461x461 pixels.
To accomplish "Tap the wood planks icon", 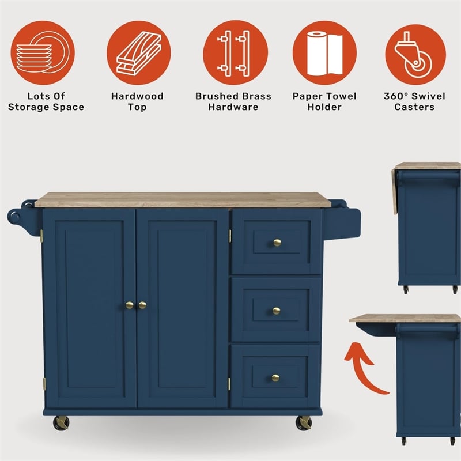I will click(x=139, y=53).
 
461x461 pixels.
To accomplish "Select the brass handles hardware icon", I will click(x=235, y=53).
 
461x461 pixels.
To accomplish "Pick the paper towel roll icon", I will click(x=324, y=53).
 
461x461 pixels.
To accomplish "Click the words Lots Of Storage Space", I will click(x=46, y=102).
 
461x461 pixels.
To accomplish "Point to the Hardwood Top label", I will click(x=137, y=102).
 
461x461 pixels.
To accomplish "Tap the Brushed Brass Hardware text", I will click(x=233, y=102).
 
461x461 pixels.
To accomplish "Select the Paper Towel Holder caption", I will click(x=324, y=102).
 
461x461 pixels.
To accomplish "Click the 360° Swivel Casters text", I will click(x=414, y=102).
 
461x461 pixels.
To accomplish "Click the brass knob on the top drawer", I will click(x=277, y=243).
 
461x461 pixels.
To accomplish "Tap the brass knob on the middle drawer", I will click(x=276, y=311).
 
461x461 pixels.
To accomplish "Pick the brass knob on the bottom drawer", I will click(x=275, y=378).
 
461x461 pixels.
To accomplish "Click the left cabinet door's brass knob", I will click(x=130, y=305).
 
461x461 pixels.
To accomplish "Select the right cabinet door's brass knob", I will click(x=142, y=305).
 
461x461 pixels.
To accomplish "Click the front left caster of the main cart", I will click(x=61, y=423).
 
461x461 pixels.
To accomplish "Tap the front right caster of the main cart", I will click(x=304, y=423).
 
